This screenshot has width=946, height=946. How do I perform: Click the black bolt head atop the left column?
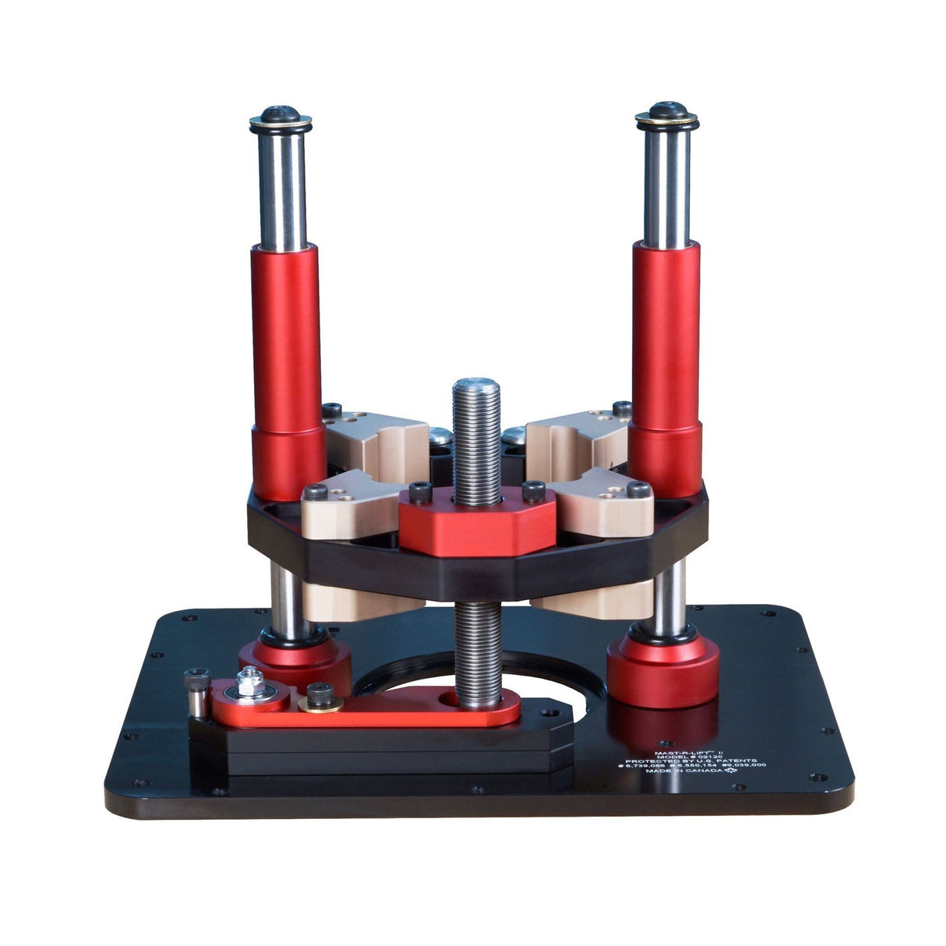tap(281, 113)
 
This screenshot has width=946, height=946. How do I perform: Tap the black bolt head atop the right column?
tap(667, 110)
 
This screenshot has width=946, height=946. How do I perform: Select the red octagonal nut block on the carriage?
tap(477, 521)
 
